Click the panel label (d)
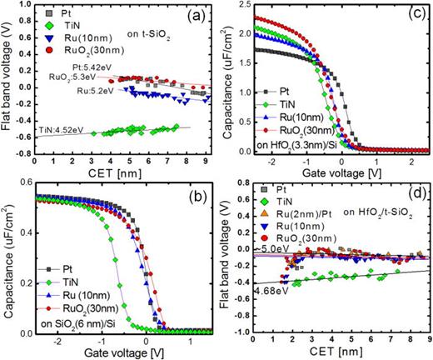[x=414, y=198]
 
